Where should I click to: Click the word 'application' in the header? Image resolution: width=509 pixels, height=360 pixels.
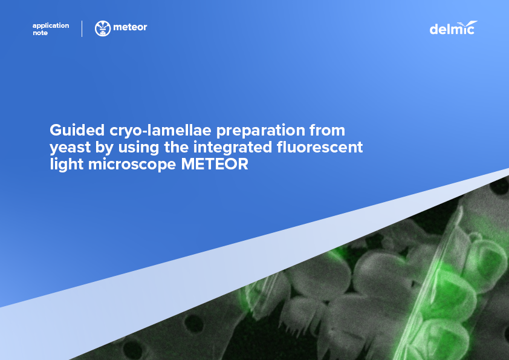click(51, 25)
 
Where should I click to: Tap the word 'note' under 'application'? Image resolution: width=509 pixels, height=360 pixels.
click(40, 33)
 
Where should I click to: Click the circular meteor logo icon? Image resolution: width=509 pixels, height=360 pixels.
click(103, 28)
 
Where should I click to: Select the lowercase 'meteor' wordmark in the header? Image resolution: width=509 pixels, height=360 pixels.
click(130, 27)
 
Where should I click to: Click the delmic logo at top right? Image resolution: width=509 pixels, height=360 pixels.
click(453, 28)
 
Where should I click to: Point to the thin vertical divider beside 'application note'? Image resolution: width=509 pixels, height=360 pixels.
click(82, 28)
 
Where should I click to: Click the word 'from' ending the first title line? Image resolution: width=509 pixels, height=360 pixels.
click(327, 130)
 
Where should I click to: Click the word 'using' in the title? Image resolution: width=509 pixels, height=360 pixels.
click(134, 147)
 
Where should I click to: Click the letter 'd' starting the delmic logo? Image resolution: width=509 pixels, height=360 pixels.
click(433, 29)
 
